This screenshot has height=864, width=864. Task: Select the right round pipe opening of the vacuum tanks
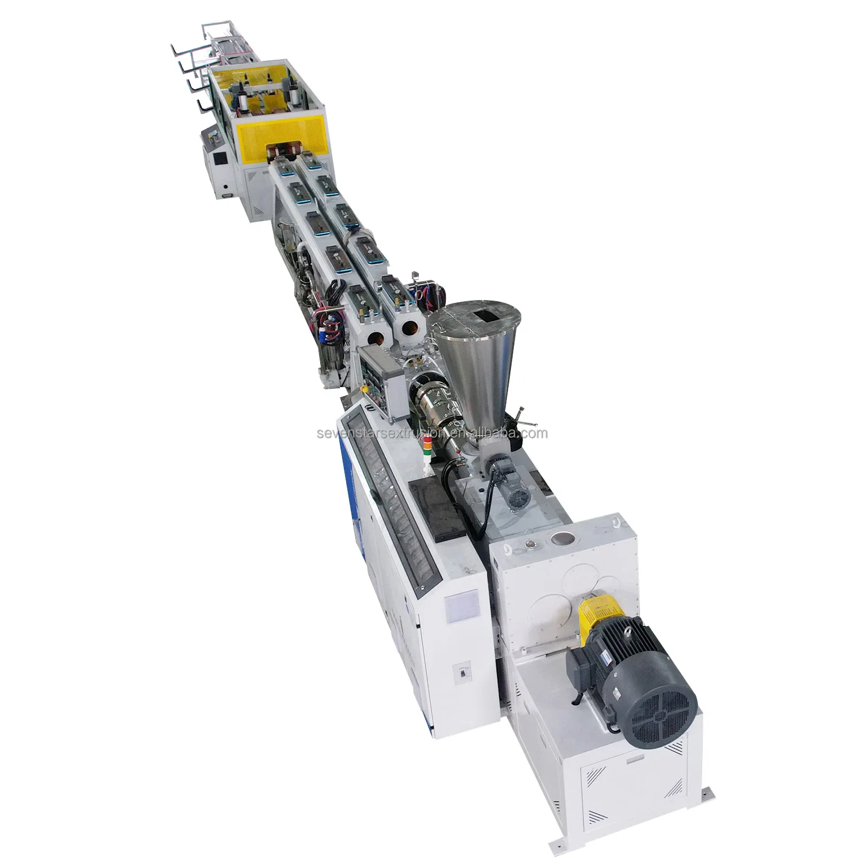coord(410,327)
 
